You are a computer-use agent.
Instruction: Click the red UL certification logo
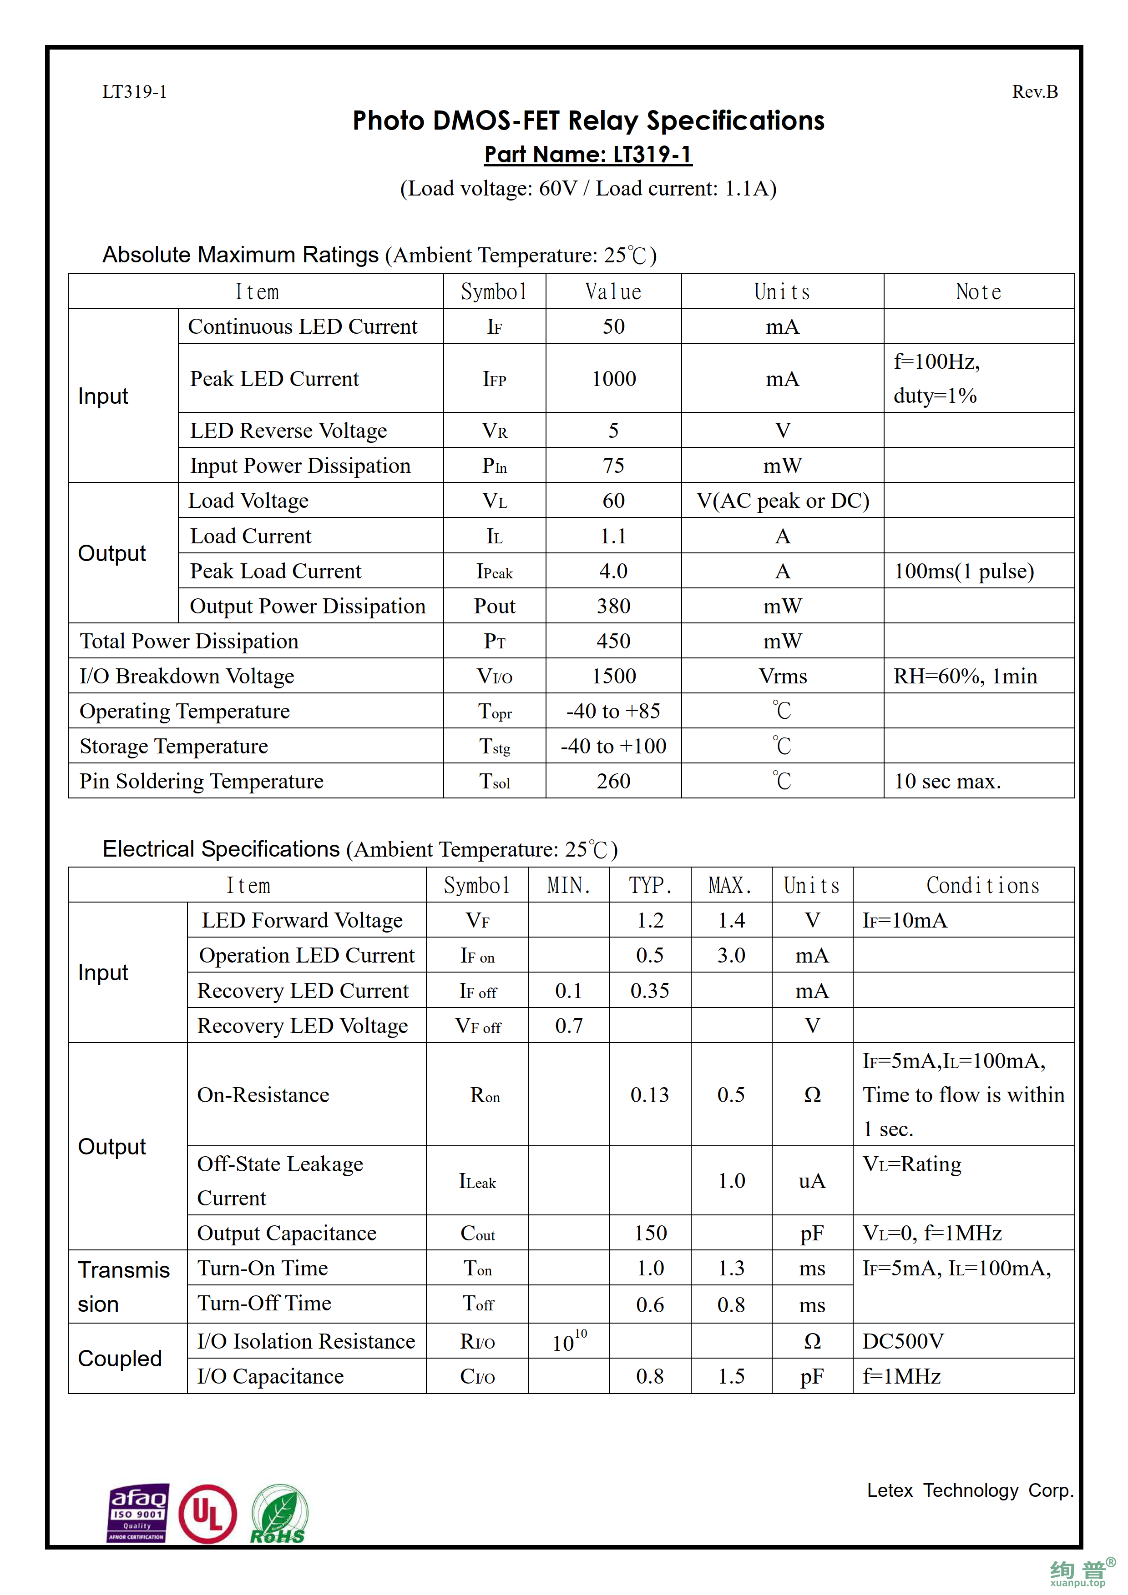[207, 1513]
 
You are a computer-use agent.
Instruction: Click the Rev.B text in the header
[1034, 92]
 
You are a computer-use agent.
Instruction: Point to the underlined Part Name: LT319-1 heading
[588, 154]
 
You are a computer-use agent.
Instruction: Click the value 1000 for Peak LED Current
[614, 379]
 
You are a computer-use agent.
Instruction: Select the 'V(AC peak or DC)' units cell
[783, 501]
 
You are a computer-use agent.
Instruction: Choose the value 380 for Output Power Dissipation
[614, 606]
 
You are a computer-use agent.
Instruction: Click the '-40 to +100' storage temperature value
[614, 746]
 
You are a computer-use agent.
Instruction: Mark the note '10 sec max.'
[947, 782]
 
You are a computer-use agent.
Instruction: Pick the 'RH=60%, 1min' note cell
[965, 676]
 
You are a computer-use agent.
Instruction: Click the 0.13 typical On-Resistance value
[650, 1095]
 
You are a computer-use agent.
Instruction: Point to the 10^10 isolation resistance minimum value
[569, 1341]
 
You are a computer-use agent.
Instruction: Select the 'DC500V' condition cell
[903, 1341]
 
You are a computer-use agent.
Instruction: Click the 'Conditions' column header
[983, 886]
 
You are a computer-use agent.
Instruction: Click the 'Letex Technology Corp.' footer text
[970, 1491]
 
